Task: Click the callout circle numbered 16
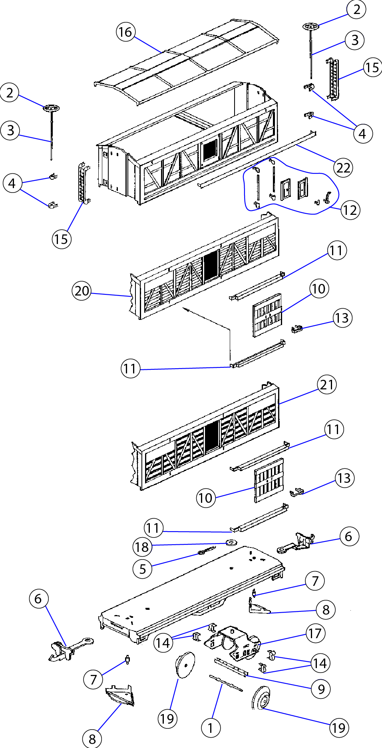coord(125,32)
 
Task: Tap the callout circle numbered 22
coord(343,168)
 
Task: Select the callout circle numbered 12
coord(350,210)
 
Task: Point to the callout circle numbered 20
coord(82,291)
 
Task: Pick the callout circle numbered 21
coord(327,385)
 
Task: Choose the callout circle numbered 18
coord(142,547)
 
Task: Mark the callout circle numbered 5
coord(142,569)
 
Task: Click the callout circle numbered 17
coord(315,633)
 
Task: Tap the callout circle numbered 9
coord(321,689)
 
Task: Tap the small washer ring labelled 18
coord(231,542)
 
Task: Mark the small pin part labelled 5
coord(206,551)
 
